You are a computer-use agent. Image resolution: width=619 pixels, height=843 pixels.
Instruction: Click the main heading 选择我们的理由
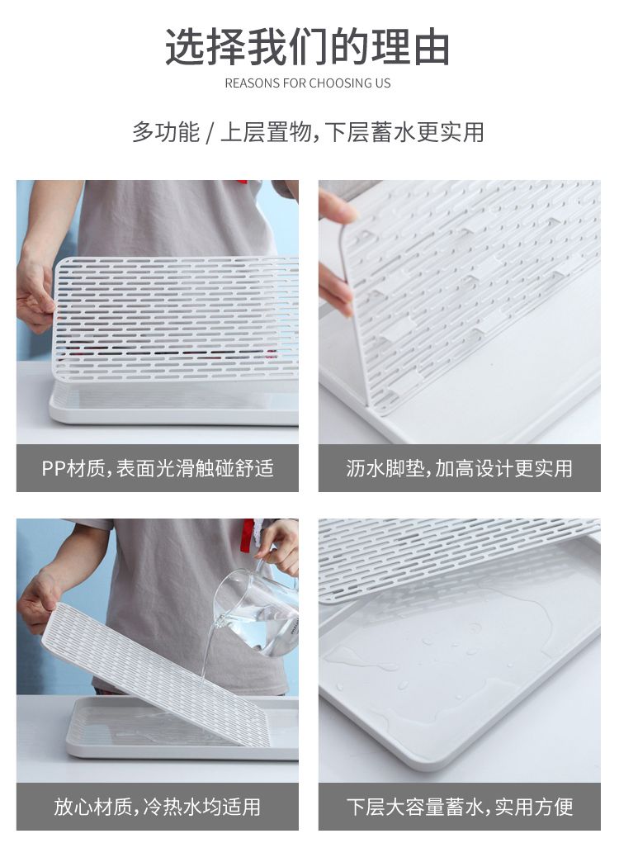(x=307, y=47)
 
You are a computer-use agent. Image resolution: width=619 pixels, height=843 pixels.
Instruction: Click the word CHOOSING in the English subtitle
(x=343, y=83)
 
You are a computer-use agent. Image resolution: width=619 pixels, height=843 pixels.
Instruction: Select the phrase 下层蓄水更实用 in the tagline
(x=404, y=132)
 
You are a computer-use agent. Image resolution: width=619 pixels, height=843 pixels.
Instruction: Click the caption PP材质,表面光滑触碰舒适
(x=158, y=468)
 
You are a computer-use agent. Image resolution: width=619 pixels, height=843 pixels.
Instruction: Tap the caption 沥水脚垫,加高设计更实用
(x=460, y=468)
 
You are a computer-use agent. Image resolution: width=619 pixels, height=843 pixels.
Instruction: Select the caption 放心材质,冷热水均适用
(x=158, y=807)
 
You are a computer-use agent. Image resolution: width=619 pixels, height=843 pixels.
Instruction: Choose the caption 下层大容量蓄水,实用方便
(x=460, y=807)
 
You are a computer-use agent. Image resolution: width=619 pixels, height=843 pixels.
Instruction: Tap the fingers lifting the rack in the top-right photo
(x=336, y=253)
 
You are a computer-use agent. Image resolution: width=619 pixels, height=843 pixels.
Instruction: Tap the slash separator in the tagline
(x=210, y=133)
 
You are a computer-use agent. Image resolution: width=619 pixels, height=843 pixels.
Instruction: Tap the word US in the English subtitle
(x=384, y=83)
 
